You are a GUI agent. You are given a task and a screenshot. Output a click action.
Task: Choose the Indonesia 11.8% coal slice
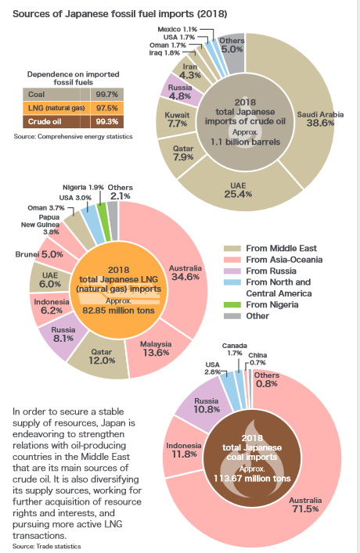185,449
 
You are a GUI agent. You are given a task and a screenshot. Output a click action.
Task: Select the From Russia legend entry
267,270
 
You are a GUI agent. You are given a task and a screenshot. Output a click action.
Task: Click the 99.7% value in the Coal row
106,94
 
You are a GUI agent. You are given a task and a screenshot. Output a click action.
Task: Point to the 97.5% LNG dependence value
106,107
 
